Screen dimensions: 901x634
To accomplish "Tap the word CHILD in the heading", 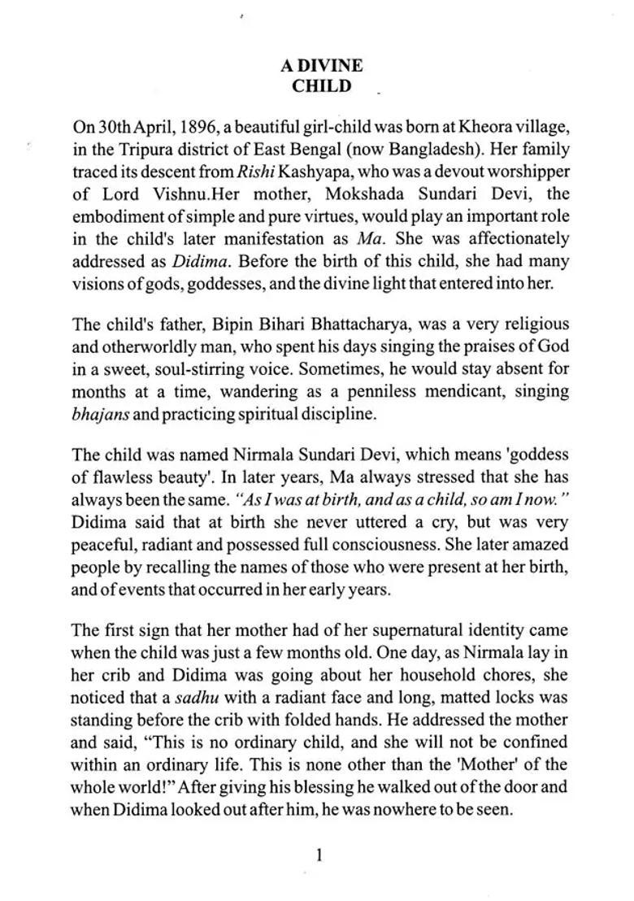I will [322, 85].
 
